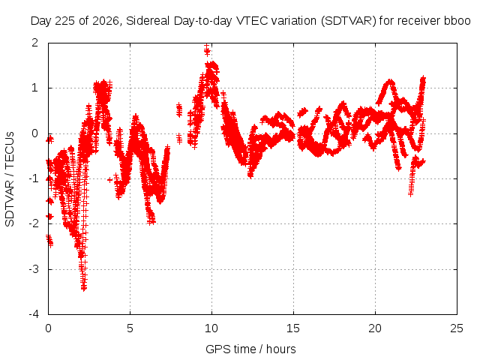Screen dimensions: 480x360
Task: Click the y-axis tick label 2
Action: click(35, 43)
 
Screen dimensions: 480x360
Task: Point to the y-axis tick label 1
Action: click(35, 88)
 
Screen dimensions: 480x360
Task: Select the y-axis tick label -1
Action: click(34, 178)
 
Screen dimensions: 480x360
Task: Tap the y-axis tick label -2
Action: click(34, 223)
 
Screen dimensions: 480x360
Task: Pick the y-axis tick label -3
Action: click(34, 269)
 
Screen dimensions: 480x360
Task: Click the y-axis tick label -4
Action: click(34, 314)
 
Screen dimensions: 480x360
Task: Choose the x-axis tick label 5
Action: click(130, 328)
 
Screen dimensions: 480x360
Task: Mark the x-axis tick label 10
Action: click(211, 328)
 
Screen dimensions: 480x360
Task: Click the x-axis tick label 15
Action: click(293, 328)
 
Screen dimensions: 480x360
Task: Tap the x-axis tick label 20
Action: click(375, 328)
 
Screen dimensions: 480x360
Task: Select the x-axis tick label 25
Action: click(457, 328)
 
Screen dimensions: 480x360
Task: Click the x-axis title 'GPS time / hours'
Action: click(250, 349)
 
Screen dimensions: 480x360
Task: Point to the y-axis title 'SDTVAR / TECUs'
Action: click(10, 179)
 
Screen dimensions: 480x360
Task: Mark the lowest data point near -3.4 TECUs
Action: click(84, 288)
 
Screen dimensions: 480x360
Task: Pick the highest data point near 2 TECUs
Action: click(207, 46)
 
